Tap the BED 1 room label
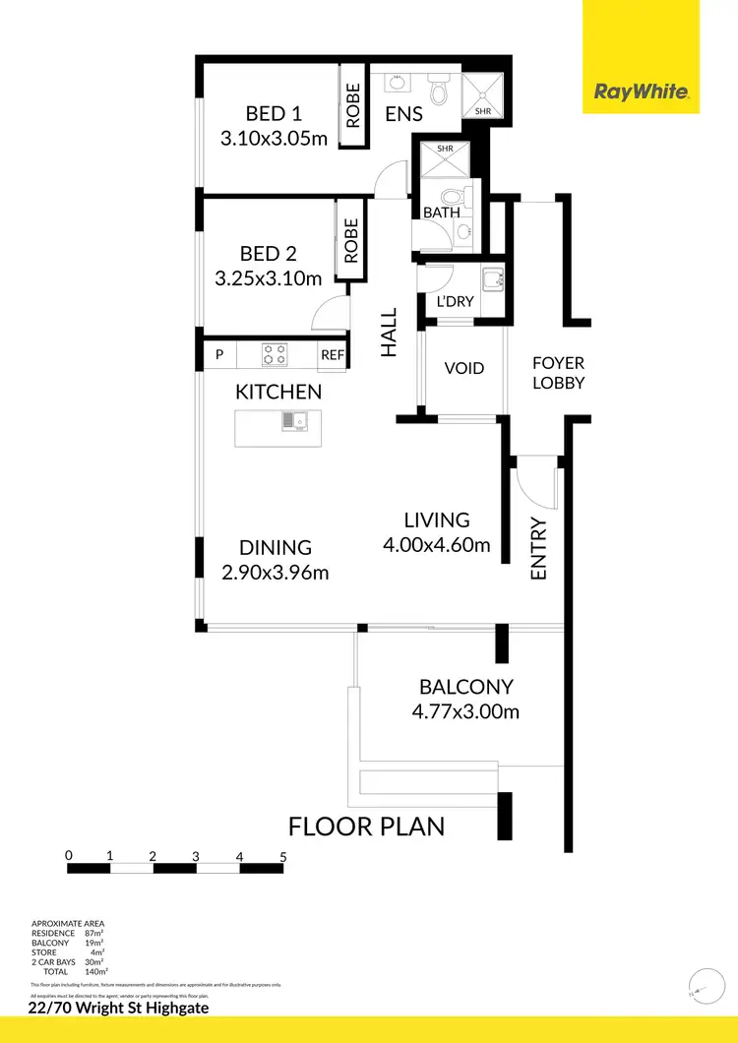click(x=252, y=113)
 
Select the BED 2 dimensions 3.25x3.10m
click(x=268, y=279)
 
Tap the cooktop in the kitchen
click(x=275, y=354)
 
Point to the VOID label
click(x=464, y=368)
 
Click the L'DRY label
click(x=456, y=302)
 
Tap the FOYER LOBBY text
click(x=559, y=373)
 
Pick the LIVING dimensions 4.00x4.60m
click(x=437, y=544)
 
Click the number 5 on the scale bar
click(x=283, y=856)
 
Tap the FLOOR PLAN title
click(x=366, y=825)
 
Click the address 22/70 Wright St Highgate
click(x=119, y=1008)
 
